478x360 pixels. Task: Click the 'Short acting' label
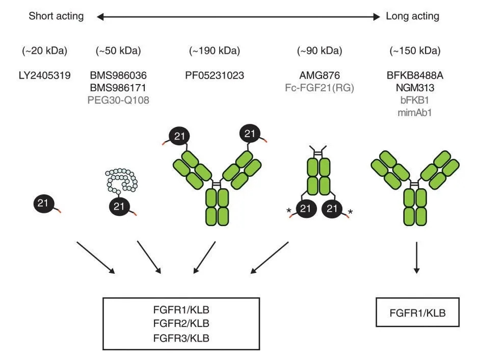click(x=56, y=16)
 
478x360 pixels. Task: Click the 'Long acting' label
click(x=412, y=16)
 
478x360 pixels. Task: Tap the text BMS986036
click(x=118, y=76)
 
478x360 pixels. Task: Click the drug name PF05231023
click(x=215, y=76)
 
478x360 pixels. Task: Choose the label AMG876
click(x=319, y=76)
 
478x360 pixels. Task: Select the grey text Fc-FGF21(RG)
click(x=319, y=87)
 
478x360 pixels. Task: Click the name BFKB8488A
click(x=415, y=76)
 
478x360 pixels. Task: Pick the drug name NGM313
click(x=415, y=87)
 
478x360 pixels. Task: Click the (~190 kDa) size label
click(x=215, y=51)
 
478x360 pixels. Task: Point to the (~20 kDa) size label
click(x=45, y=51)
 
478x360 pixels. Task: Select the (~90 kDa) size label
click(x=319, y=51)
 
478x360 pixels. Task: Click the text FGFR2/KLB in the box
click(x=181, y=323)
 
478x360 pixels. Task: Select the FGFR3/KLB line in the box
click(x=181, y=338)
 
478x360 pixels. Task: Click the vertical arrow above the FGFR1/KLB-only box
click(x=416, y=258)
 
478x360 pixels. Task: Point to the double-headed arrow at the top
click(x=238, y=17)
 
